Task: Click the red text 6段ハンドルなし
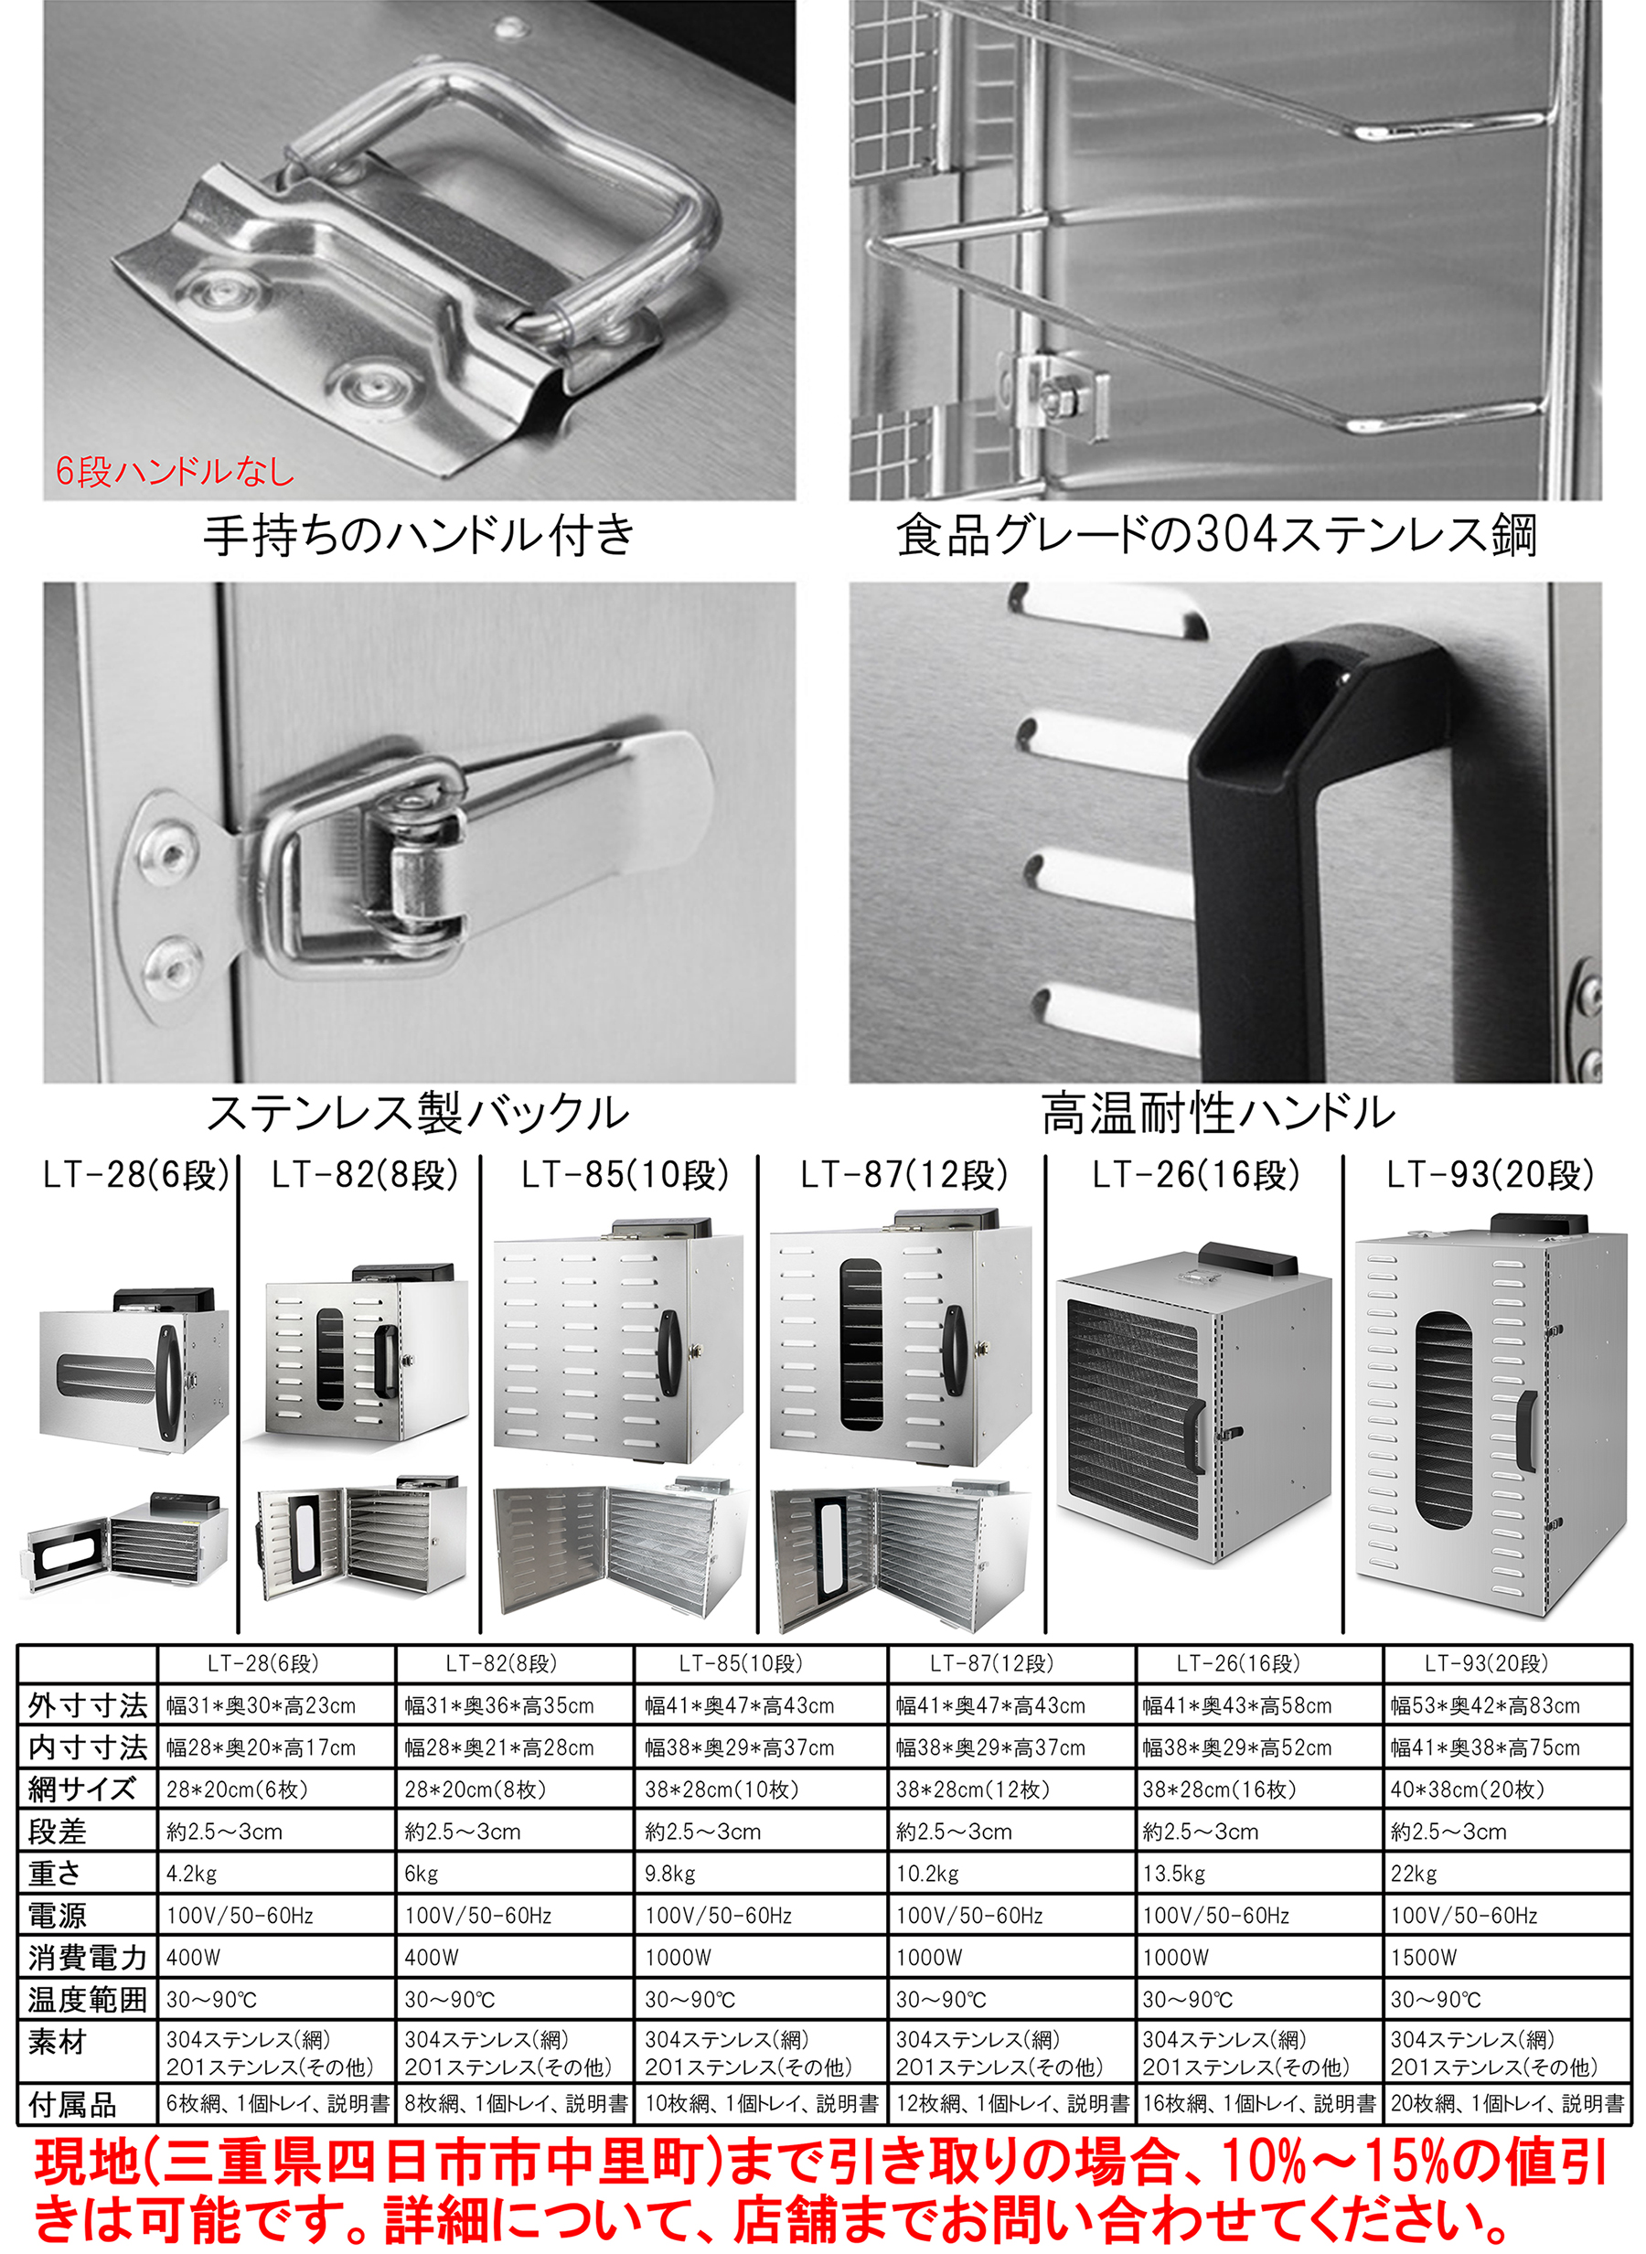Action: coord(175,471)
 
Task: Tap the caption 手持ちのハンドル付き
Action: coord(420,535)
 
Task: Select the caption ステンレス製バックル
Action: coord(419,1113)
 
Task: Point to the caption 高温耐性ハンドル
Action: coord(1219,1113)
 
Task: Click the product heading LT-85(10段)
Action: coord(625,1175)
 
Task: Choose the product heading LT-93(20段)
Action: coord(1491,1175)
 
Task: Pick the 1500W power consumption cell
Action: coord(1424,1957)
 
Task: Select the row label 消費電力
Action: coord(88,1957)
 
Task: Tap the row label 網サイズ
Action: coord(81,1789)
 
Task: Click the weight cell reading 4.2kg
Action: coord(191,1874)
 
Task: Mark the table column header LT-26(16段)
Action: coord(1238,1663)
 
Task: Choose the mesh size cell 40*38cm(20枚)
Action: coord(1468,1789)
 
